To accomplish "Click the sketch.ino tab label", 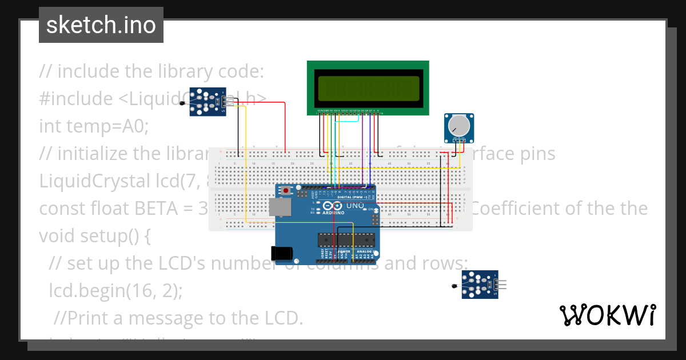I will coord(101,25).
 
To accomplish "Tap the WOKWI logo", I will coord(608,315).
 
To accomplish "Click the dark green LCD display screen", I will coord(367,87).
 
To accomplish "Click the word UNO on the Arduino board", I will coord(355,206).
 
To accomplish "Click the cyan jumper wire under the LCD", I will coord(346,120).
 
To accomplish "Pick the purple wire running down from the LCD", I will coord(363,149).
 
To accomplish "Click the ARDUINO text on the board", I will coord(333,212).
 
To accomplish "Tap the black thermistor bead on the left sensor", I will coord(182,103).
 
